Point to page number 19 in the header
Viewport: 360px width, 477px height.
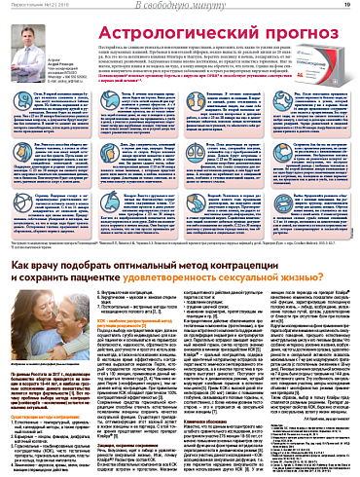coord(347,8)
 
